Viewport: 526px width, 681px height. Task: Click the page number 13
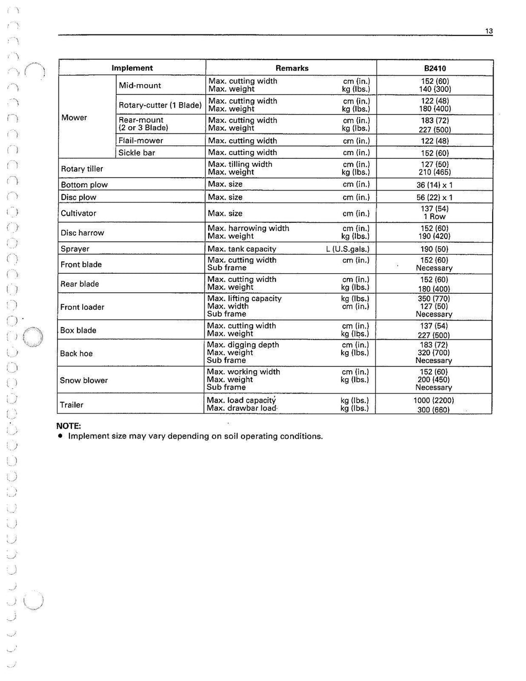pyautogui.click(x=489, y=31)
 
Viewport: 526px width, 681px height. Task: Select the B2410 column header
pyautogui.click(x=435, y=68)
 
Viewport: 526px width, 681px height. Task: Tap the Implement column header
pyautogui.click(x=132, y=68)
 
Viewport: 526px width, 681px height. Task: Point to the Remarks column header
pyautogui.click(x=292, y=68)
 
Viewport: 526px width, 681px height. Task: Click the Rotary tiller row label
pyautogui.click(x=82, y=168)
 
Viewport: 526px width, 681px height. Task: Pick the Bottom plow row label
pyautogui.click(x=84, y=184)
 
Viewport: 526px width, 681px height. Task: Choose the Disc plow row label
pyautogui.click(x=79, y=197)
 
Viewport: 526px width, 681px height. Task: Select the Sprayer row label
pyautogui.click(x=75, y=249)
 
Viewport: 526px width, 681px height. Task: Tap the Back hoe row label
pyautogui.click(x=76, y=353)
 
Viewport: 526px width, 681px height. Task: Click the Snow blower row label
pyautogui.click(x=84, y=380)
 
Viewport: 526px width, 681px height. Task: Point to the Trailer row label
pyautogui.click(x=71, y=405)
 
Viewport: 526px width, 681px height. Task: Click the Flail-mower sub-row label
pyautogui.click(x=141, y=140)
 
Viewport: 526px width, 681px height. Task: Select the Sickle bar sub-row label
pyautogui.click(x=137, y=153)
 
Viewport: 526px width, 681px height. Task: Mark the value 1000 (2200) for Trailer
pyautogui.click(x=434, y=400)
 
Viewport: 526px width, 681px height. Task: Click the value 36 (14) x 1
pyautogui.click(x=435, y=185)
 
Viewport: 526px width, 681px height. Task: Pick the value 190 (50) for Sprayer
pyautogui.click(x=434, y=249)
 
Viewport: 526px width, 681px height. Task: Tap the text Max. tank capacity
pyautogui.click(x=241, y=249)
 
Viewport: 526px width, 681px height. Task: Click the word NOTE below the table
pyautogui.click(x=69, y=426)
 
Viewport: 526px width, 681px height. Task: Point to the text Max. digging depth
pyautogui.click(x=243, y=345)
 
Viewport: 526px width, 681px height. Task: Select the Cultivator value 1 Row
pyautogui.click(x=435, y=217)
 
